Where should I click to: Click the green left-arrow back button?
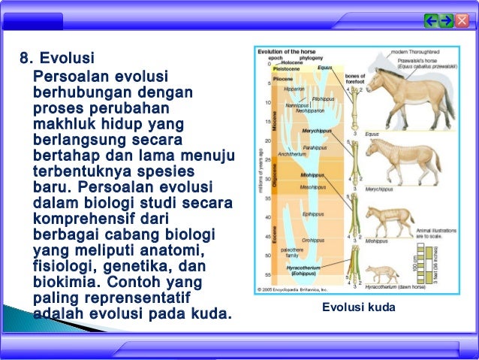[432, 20]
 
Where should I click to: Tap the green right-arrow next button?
[447, 20]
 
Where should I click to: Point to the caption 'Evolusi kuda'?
[352, 307]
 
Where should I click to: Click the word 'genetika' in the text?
[137, 267]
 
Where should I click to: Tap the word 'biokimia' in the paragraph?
[65, 283]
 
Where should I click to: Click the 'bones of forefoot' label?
[354, 79]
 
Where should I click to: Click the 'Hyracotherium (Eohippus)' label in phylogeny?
[300, 271]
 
